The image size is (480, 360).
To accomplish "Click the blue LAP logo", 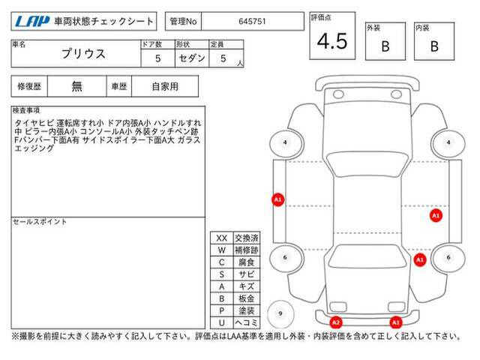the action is [31, 22].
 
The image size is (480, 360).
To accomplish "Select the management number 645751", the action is [252, 22].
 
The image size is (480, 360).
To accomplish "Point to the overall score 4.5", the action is [332, 41].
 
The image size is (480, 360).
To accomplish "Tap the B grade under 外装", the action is [385, 46].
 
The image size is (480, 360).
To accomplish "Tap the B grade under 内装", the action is [434, 46].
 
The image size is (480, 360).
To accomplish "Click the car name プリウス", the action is [83, 54].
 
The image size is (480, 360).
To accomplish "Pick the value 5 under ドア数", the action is [157, 58].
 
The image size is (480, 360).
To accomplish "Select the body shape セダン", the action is [192, 58].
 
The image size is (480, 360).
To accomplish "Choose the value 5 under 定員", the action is [223, 58].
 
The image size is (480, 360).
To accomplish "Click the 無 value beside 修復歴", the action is [76, 86].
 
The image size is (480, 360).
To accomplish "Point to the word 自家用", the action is [165, 87].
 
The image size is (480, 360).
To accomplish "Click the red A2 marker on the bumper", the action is [336, 322].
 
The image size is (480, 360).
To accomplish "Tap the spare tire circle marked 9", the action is [280, 313].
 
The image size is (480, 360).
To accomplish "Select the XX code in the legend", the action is [222, 238].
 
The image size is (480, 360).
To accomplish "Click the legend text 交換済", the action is [247, 238].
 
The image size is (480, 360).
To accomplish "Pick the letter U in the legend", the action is [222, 322].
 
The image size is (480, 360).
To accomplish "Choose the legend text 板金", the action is [247, 298].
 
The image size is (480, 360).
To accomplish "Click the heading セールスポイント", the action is [40, 222].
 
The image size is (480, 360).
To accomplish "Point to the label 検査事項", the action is [26, 110].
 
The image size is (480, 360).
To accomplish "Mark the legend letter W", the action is [222, 250].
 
